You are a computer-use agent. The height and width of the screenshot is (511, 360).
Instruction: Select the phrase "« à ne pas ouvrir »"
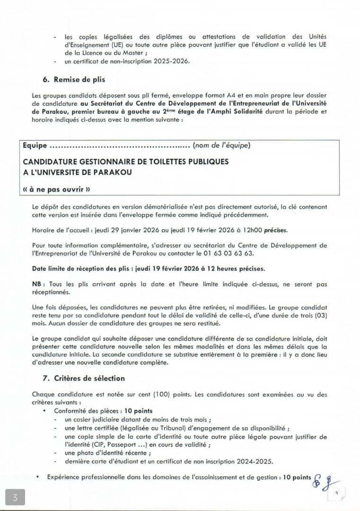[56, 189]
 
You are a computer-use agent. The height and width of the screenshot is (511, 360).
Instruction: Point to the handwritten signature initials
[325, 481]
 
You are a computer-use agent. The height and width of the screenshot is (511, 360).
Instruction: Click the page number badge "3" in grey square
[16, 497]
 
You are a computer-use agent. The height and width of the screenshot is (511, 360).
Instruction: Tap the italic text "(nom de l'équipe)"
[221, 145]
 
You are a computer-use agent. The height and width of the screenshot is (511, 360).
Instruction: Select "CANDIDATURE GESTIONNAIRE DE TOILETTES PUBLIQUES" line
[125, 161]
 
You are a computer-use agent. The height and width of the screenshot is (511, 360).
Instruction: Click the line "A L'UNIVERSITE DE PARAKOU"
[77, 172]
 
